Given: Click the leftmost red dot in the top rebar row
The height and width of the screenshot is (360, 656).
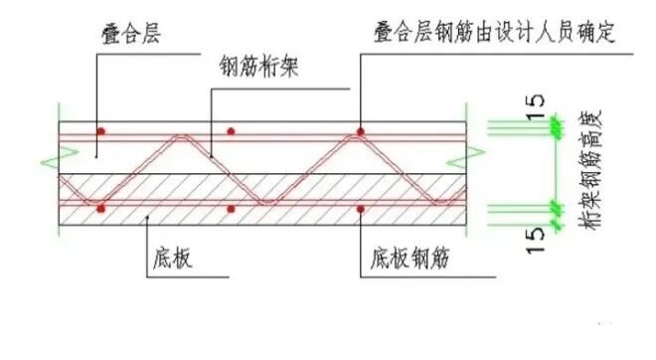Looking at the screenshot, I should click(100, 130).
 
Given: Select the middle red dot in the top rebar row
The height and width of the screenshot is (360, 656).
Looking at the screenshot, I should click(231, 130).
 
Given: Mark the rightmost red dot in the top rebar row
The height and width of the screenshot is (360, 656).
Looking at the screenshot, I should click(362, 130).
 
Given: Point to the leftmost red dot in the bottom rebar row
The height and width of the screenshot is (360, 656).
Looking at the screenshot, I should click(100, 209).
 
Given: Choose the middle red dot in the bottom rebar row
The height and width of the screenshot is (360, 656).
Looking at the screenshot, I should click(231, 209).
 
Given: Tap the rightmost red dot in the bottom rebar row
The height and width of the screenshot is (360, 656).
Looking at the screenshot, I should click(362, 209).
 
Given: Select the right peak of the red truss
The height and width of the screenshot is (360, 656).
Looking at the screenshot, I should click(362, 137).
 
